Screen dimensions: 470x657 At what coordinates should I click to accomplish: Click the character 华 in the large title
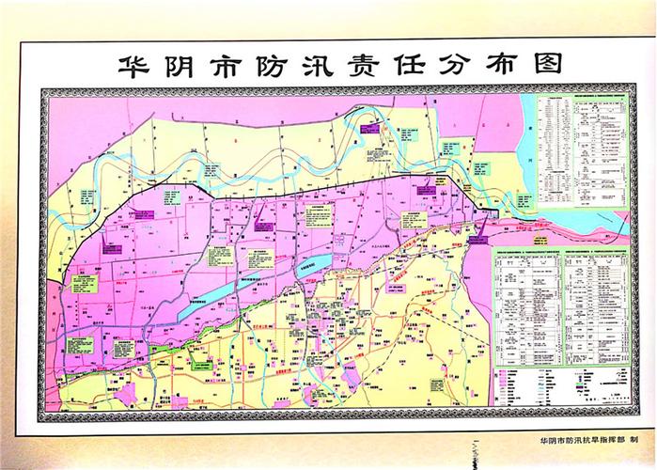128,66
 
